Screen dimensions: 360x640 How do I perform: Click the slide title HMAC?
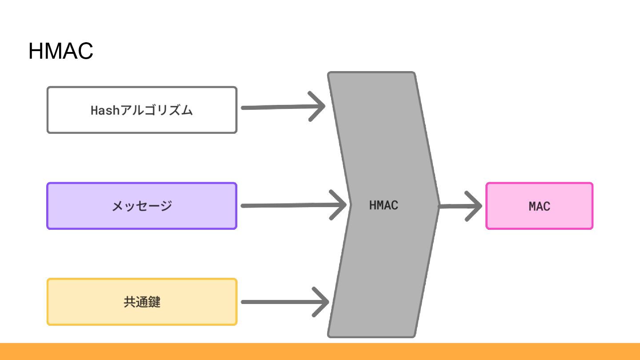pos(60,51)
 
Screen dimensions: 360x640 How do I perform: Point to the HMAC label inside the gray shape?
pos(384,205)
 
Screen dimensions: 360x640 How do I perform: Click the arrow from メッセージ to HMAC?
pos(289,205)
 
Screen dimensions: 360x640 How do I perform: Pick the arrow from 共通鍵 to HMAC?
pos(280,302)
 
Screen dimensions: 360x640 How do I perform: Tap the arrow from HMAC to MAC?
pos(458,206)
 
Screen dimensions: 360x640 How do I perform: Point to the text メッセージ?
pos(142,206)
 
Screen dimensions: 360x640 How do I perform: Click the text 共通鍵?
pos(142,302)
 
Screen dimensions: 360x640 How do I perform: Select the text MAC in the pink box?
pos(539,206)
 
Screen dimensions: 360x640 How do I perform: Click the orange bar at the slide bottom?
pos(320,351)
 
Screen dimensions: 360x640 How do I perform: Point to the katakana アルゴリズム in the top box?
pos(157,110)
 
